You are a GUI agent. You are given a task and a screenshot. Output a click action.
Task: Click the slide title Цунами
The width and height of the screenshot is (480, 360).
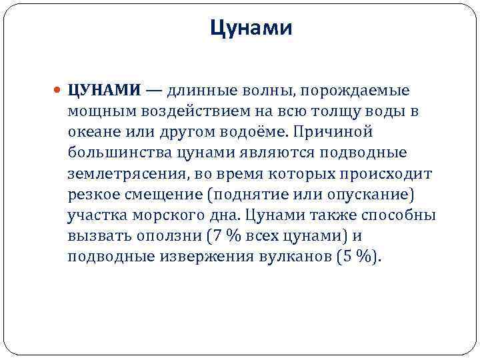[x=251, y=28]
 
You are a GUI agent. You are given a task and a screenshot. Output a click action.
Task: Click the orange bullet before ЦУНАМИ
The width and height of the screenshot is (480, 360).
[x=60, y=89]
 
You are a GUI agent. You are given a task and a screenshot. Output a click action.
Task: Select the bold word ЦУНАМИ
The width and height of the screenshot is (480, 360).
[x=104, y=89]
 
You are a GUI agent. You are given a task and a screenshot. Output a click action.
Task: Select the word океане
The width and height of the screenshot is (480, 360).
[x=89, y=132]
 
